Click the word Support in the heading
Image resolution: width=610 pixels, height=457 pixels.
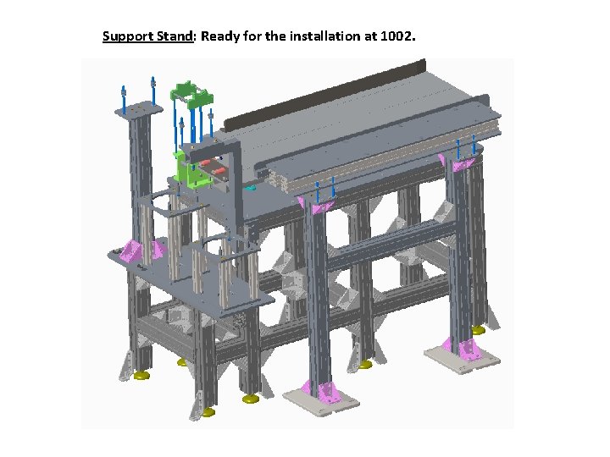[x=128, y=36]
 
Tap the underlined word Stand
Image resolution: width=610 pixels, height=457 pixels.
[x=175, y=36]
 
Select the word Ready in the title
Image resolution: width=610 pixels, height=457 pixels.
[x=219, y=36]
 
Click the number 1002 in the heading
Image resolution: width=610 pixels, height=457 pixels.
[x=396, y=36]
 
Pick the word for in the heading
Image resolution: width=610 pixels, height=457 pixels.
[x=252, y=36]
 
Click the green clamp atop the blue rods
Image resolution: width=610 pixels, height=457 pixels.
[x=191, y=95]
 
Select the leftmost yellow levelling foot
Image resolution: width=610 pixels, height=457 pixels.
[x=141, y=376]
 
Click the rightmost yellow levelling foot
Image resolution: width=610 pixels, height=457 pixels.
[x=478, y=330]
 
